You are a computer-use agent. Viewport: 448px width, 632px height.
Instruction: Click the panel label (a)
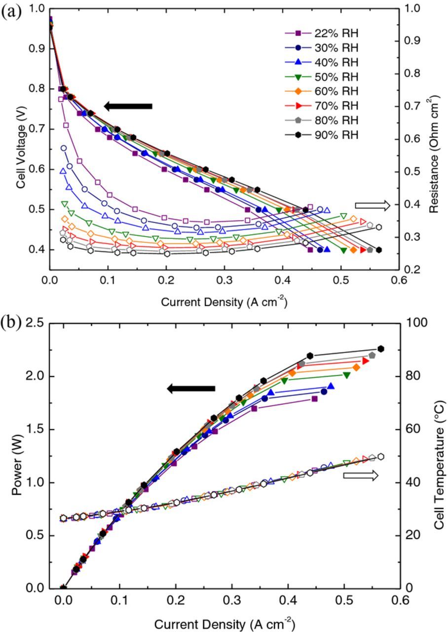[x=11, y=11]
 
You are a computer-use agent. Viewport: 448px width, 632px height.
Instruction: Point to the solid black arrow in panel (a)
[x=128, y=106]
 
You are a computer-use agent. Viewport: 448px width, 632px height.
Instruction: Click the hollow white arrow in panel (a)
[x=373, y=205]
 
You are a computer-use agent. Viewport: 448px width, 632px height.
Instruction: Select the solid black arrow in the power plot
[x=191, y=389]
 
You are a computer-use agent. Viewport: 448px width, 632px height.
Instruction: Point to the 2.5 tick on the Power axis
[x=37, y=323]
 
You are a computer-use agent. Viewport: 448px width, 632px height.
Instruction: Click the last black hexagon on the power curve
[x=380, y=349]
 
